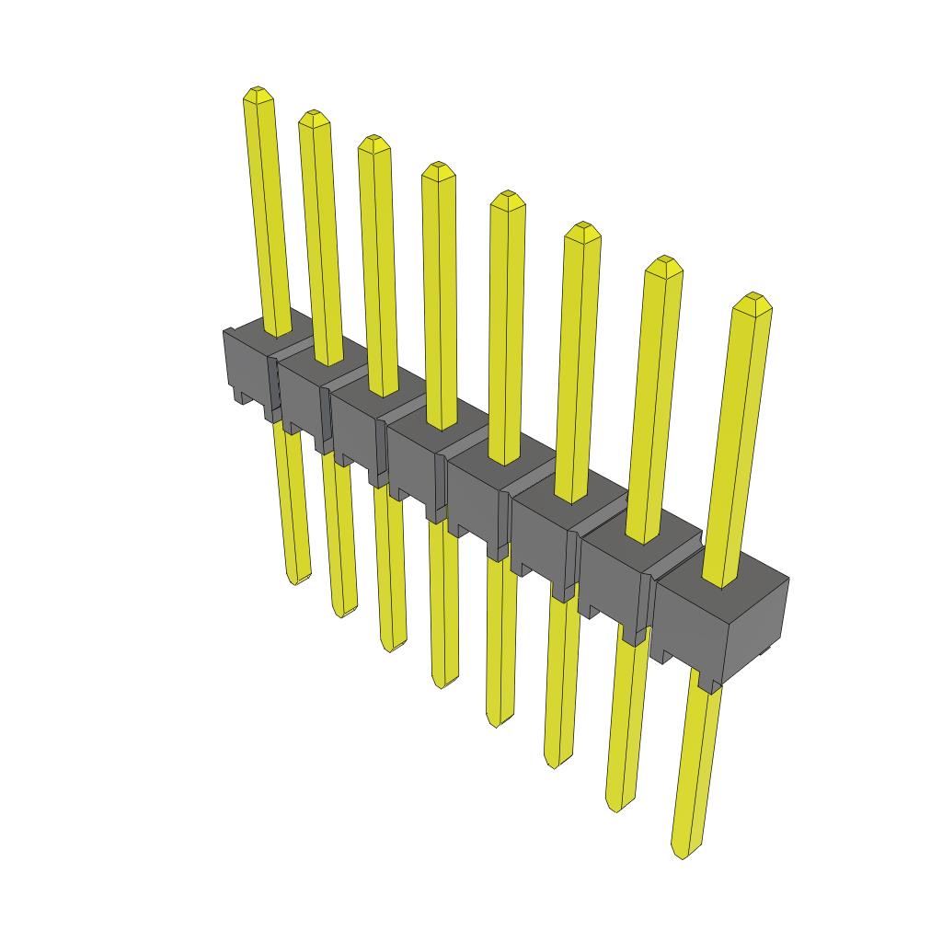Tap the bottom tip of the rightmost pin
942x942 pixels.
[682, 854]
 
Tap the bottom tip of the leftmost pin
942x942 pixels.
[293, 580]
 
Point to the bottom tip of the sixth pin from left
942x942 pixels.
[553, 763]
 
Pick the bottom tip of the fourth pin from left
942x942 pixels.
[442, 684]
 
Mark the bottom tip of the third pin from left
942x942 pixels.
[391, 648]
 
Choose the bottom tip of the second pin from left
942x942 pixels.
[342, 613]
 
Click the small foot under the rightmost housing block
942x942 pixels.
[707, 683]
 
